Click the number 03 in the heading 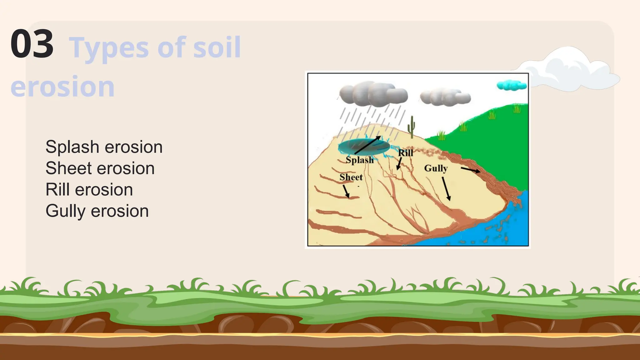click(32, 44)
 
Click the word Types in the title click(108, 48)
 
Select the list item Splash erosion click(104, 147)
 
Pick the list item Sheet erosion click(100, 168)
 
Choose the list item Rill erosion click(89, 189)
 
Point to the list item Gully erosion click(97, 211)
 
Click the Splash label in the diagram click(359, 160)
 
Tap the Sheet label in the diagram click(351, 177)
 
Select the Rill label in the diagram click(405, 153)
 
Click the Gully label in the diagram click(436, 168)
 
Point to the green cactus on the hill click(412, 127)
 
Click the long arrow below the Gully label click(446, 189)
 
